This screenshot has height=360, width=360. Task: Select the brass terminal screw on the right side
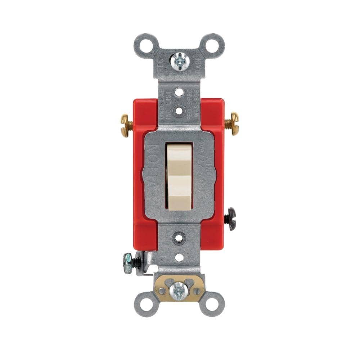tap(232, 123)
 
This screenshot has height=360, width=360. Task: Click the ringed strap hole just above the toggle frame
tap(179, 110)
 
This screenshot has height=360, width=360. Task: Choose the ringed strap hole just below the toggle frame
tap(179, 238)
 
